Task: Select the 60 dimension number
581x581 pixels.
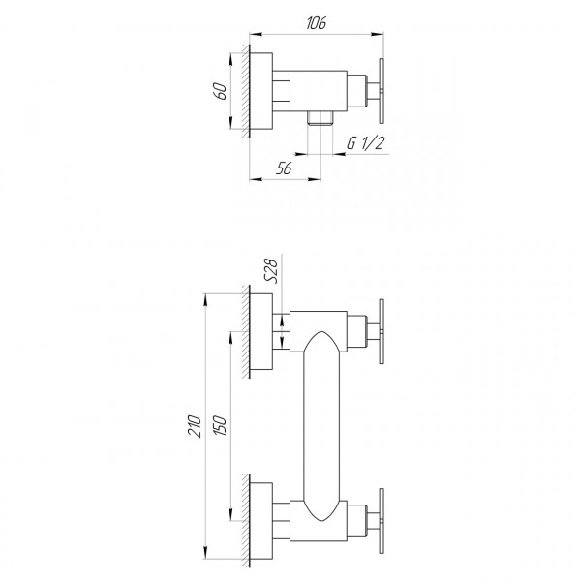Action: click(x=221, y=91)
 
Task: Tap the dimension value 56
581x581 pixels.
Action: click(x=284, y=167)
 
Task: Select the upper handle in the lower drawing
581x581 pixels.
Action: click(x=384, y=329)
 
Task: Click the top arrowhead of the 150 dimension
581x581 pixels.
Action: click(x=230, y=335)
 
